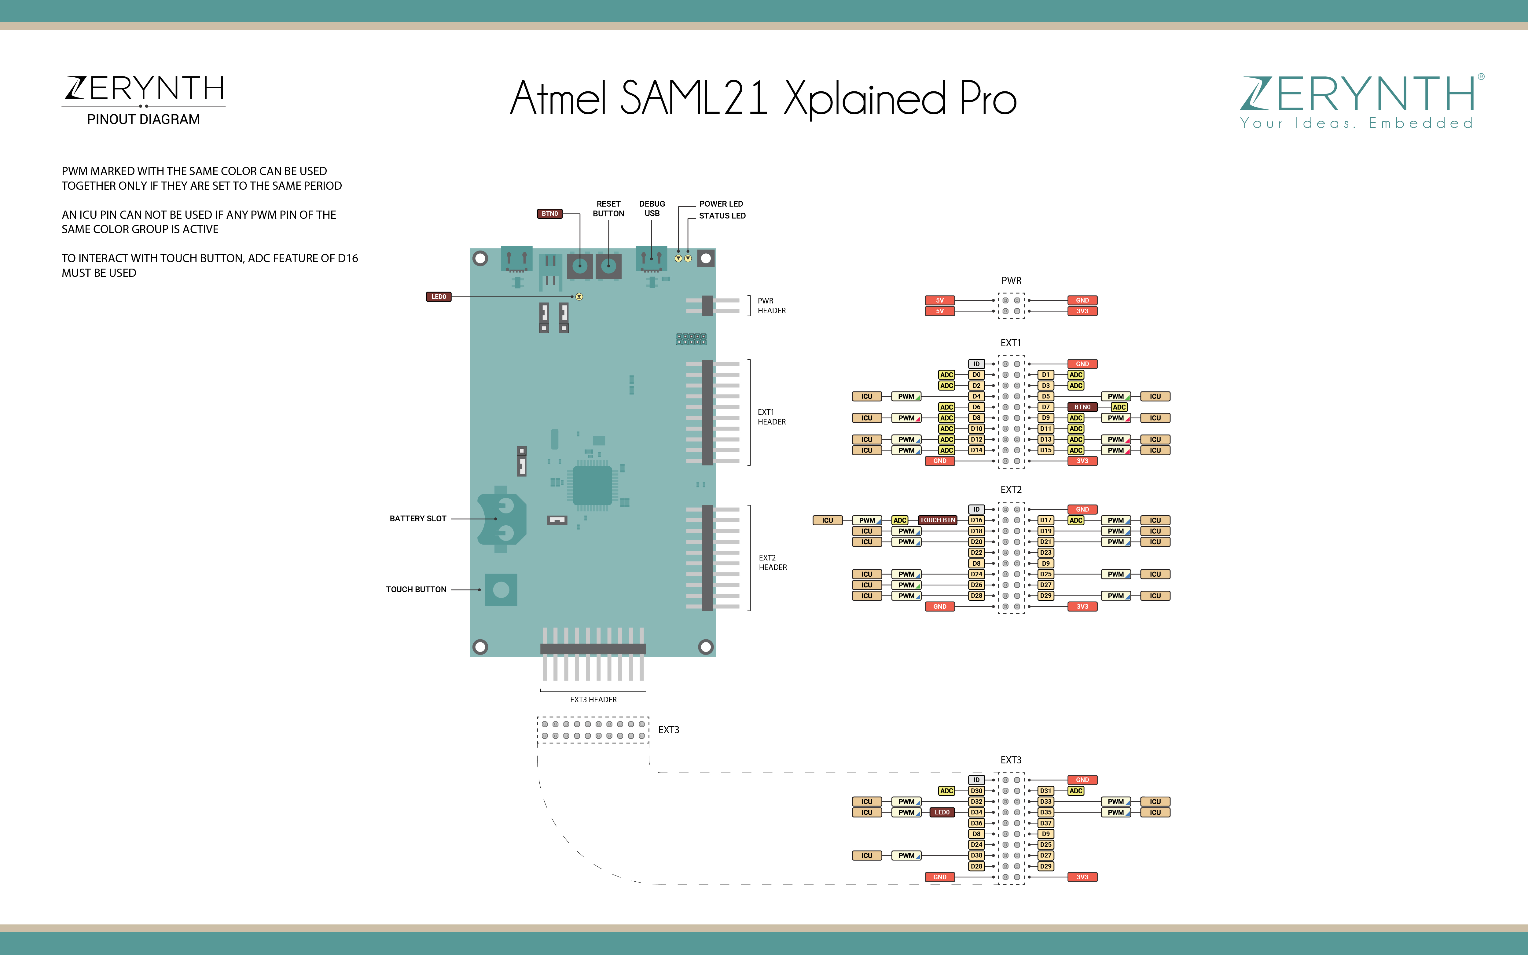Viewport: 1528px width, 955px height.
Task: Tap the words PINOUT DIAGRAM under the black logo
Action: (143, 119)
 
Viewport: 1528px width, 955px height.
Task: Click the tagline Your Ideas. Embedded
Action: (1356, 123)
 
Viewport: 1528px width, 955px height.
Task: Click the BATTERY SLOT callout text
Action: (418, 519)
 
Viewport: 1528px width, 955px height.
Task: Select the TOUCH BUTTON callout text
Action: (416, 589)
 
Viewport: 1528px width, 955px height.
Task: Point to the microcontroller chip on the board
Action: (592, 486)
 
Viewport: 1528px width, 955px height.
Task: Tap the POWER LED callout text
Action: (721, 204)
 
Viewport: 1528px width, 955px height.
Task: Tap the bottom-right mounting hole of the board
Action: (706, 647)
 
